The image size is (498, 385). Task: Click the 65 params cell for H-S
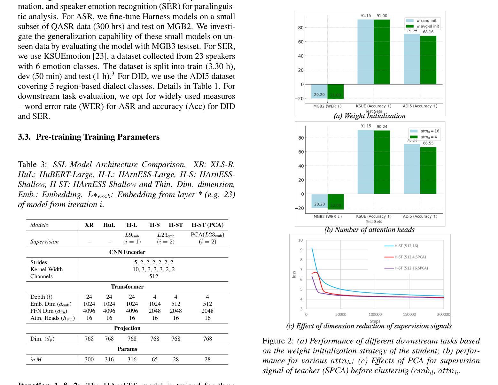(155, 359)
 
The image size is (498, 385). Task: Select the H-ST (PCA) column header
(207, 225)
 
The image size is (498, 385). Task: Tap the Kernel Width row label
(46, 269)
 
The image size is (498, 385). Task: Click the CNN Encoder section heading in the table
(127, 252)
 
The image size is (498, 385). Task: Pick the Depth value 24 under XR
(89, 297)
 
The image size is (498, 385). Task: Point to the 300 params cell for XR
(89, 359)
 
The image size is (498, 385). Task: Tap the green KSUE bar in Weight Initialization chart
(382, 52)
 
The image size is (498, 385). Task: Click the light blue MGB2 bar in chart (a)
(319, 91)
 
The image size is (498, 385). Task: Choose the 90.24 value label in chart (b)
(382, 127)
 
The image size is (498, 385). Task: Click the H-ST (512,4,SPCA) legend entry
(410, 257)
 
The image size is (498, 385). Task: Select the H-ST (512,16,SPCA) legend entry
(411, 268)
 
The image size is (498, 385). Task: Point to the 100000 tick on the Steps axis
(375, 314)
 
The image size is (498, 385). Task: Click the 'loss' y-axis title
(294, 274)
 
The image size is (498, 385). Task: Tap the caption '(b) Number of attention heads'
(369, 230)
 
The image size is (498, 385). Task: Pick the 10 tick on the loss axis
(300, 240)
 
